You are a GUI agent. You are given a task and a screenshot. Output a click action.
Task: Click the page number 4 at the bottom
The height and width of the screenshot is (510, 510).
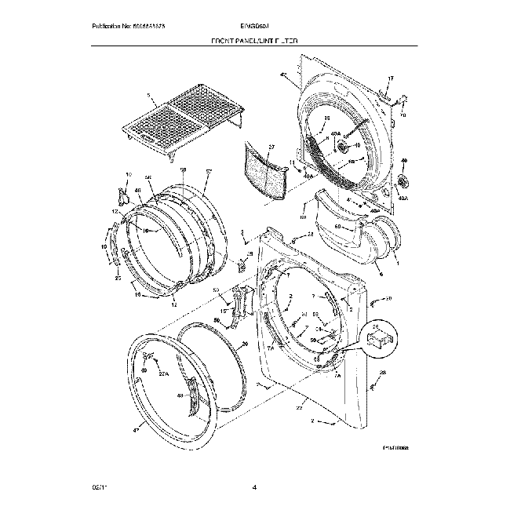255,489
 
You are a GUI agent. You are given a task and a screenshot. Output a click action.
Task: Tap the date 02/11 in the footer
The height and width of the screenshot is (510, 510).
97,489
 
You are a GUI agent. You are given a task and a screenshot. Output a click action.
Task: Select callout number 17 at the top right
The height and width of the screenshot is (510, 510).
391,78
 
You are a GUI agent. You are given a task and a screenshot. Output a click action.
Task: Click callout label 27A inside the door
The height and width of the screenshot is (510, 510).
164,375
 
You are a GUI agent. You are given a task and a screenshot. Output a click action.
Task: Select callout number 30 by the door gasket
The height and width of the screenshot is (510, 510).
244,344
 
